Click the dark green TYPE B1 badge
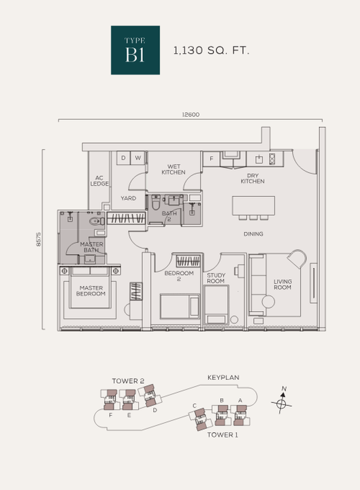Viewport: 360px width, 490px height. click(x=135, y=50)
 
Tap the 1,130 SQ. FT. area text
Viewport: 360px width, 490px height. click(x=211, y=50)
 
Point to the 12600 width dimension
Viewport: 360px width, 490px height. click(x=191, y=115)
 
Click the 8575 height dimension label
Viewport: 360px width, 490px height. click(x=39, y=239)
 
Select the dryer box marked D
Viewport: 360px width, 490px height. click(x=123, y=158)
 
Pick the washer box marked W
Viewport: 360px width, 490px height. click(x=138, y=158)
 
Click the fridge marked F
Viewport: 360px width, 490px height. click(x=211, y=159)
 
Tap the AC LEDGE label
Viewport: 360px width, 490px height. click(x=99, y=181)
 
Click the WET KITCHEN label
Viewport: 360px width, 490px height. click(x=174, y=169)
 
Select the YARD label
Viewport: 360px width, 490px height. click(x=129, y=198)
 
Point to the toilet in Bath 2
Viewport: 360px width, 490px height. click(x=156, y=202)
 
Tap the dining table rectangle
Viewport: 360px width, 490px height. click(x=253, y=205)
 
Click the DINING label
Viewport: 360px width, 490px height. click(x=253, y=234)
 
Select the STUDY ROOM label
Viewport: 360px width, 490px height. click(x=216, y=278)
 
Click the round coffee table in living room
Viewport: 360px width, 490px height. click(x=268, y=302)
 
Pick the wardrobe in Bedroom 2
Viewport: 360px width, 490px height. click(x=188, y=261)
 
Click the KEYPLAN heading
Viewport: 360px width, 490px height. click(x=224, y=377)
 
